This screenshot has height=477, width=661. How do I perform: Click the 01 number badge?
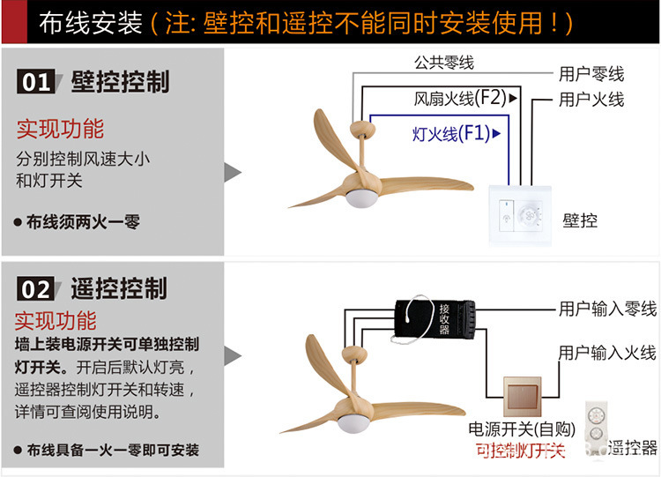point(37,83)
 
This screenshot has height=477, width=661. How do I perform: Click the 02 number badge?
point(37,288)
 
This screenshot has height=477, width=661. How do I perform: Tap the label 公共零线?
point(444,63)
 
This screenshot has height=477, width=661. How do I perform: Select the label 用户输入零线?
point(607,309)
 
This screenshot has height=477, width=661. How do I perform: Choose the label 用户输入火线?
point(607,353)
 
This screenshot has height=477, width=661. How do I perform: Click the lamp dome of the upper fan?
point(361,198)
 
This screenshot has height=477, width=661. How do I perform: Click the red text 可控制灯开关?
point(520,451)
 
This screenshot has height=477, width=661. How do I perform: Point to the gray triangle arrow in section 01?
point(233,171)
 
